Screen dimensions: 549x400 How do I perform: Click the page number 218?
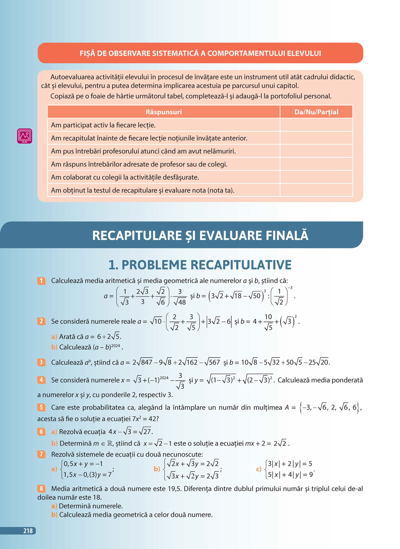coord(28,531)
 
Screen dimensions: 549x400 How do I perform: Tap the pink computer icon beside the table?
coord(24,136)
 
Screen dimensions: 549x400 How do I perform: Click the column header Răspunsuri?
coord(164,112)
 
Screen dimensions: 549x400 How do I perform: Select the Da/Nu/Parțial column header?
coord(316,112)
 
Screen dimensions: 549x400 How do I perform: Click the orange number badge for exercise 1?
coord(41,281)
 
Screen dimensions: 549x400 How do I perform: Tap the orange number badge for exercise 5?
coord(41,407)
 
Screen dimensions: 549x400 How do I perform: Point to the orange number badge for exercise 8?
coord(41,488)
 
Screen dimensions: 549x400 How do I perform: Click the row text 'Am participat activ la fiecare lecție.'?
coord(103,125)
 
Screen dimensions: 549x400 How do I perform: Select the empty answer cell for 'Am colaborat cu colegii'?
coord(316,177)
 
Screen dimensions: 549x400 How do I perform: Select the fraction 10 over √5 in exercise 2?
coord(268,322)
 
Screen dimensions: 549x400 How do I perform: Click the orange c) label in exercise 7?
coord(258,469)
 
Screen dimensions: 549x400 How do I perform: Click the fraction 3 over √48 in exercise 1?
coord(180,297)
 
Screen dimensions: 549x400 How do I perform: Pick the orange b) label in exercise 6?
coord(54,443)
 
